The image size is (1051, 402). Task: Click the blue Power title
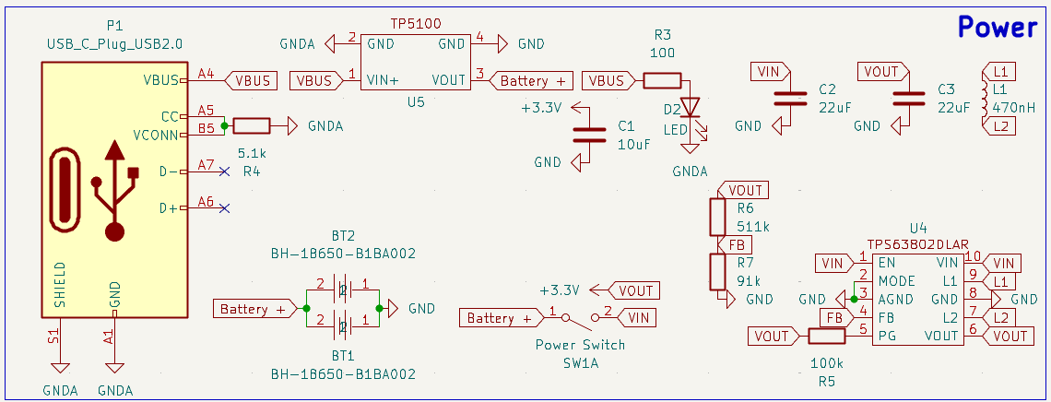coord(998,27)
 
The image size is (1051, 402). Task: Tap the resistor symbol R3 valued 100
coord(662,81)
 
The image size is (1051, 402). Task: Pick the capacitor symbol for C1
coord(584,134)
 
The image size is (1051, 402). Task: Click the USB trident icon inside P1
coord(114,191)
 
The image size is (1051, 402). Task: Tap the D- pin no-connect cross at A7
coord(224,171)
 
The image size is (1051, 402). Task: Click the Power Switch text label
coord(580,345)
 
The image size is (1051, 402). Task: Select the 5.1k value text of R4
coord(252,152)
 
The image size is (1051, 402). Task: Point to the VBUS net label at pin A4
coord(251,80)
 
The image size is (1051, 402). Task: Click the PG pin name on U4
coord(887,337)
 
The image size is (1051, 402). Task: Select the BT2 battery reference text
coord(342,236)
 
